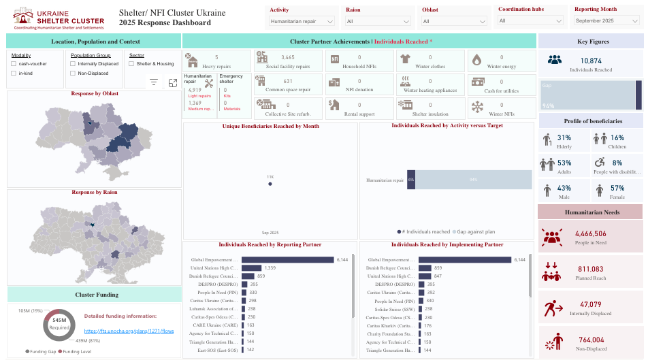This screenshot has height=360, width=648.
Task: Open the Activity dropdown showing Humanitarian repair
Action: [x=302, y=21]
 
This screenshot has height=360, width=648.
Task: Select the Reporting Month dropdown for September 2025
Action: [x=604, y=21]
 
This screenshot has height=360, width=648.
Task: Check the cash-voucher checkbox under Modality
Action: [x=14, y=63]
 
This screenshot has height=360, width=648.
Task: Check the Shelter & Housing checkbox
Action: [x=131, y=63]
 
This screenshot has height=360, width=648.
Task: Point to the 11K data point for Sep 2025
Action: [x=270, y=184]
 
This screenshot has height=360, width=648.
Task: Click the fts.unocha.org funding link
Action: [x=129, y=330]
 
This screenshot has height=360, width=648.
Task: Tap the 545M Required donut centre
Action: [x=59, y=324]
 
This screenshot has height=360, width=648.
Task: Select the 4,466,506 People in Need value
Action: [x=590, y=233]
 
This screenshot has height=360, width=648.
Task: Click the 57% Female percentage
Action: [x=617, y=188]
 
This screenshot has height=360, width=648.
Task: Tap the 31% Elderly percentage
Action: [x=564, y=137]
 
